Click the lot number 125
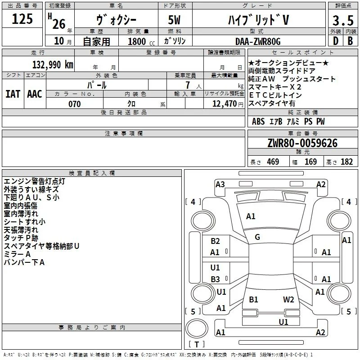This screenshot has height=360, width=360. click(22, 19)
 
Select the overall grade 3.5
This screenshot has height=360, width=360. click(343, 21)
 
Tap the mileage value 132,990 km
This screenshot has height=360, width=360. click(53, 65)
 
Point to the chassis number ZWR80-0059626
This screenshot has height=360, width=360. click(302, 143)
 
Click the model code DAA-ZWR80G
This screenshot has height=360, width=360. click(258, 41)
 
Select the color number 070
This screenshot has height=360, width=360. click(75, 104)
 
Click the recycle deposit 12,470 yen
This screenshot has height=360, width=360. click(228, 104)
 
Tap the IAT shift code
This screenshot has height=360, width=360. click(13, 94)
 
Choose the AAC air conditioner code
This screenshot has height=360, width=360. click(35, 94)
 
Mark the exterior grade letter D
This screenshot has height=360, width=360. click(336, 41)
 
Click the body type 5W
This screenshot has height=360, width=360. click(174, 20)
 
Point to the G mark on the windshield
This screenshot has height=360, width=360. click(257, 237)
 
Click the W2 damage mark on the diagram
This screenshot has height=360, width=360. click(288, 299)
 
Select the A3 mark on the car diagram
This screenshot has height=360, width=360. click(220, 184)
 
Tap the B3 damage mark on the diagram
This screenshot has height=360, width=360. click(215, 279)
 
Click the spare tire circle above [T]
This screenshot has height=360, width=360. click(197, 328)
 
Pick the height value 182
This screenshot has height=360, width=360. click(346, 162)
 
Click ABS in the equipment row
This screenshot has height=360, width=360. click(258, 121)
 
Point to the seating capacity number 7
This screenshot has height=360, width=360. click(188, 85)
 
